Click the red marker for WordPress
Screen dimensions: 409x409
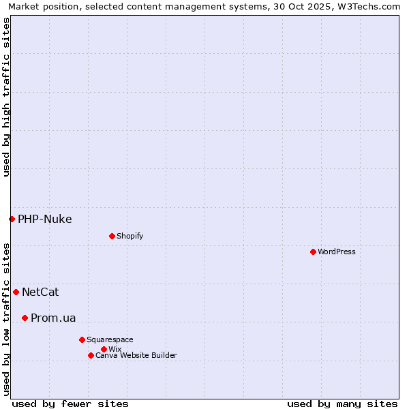tap(313, 252)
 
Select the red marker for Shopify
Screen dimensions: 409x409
tap(112, 236)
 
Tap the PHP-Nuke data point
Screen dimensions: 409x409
tap(12, 219)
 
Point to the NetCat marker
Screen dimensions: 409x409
tap(16, 292)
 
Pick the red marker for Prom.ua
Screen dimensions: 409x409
tap(25, 318)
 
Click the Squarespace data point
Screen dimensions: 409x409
tap(82, 339)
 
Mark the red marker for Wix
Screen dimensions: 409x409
tap(104, 349)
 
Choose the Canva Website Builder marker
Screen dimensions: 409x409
tap(91, 355)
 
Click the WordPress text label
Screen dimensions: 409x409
tap(337, 252)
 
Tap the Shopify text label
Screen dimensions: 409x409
tap(130, 236)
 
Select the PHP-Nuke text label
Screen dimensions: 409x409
tap(45, 219)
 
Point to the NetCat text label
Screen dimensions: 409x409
tap(40, 292)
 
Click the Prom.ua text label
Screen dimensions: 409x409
tap(53, 318)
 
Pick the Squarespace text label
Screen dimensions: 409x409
tap(110, 339)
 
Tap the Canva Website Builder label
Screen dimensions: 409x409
tap(136, 355)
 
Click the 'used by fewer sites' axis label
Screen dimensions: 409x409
tap(70, 404)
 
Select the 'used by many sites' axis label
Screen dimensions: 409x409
tap(342, 404)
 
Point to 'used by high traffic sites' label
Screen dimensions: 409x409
tap(6, 97)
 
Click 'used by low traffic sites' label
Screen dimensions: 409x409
tap(6, 319)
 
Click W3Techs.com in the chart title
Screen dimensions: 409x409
tap(369, 6)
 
